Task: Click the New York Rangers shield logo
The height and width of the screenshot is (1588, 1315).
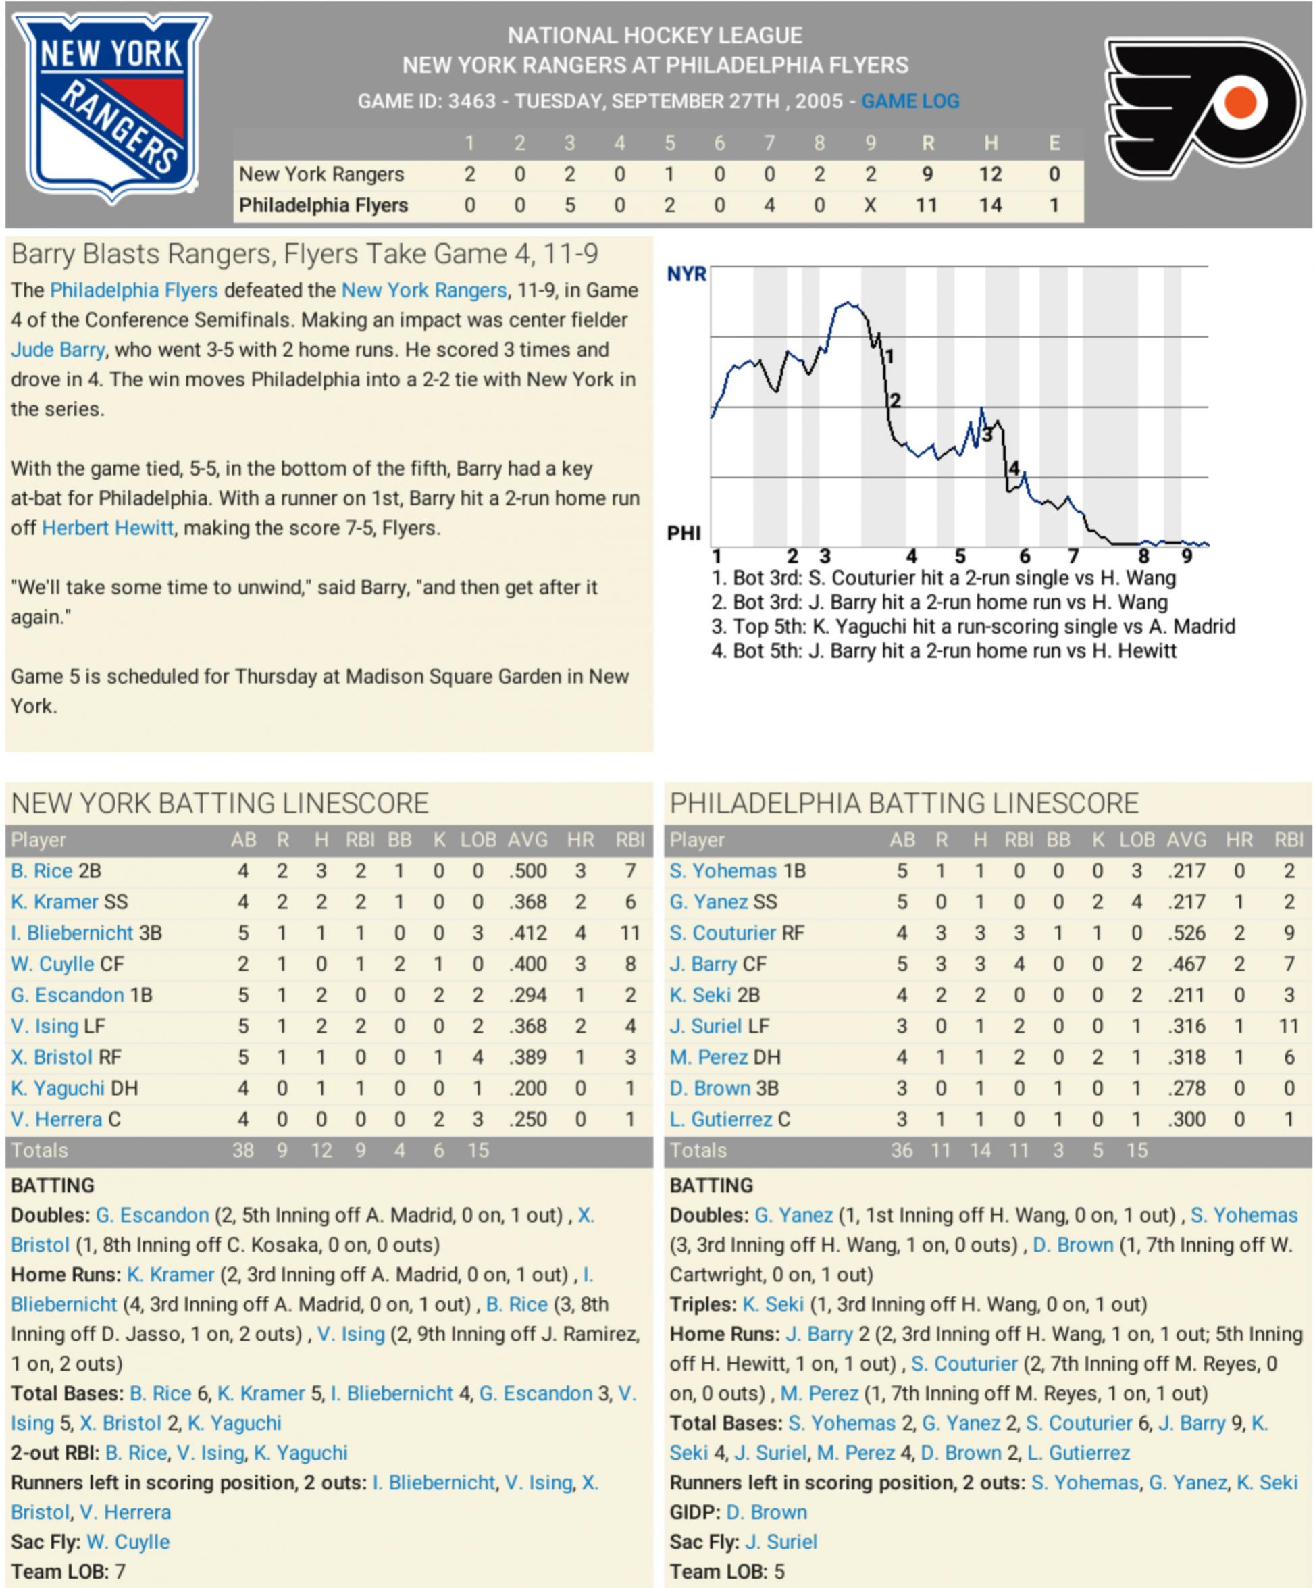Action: tap(112, 108)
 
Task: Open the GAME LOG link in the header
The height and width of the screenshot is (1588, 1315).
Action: tap(910, 101)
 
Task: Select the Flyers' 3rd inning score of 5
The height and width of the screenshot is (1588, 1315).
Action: tap(569, 206)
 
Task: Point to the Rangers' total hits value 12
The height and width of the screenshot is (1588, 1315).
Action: tap(990, 175)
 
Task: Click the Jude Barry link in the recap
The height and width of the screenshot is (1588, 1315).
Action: tap(57, 350)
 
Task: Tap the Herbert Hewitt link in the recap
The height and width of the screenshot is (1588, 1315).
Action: tap(107, 528)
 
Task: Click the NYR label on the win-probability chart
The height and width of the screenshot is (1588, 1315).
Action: tap(686, 274)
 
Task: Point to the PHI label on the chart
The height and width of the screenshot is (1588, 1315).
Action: tap(684, 534)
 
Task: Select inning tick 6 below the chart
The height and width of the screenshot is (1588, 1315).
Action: tap(1025, 557)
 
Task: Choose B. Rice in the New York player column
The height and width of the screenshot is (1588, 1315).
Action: tap(42, 871)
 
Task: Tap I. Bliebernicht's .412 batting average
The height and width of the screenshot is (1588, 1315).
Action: tap(527, 933)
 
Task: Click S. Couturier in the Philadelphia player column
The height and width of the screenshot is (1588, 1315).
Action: tap(722, 933)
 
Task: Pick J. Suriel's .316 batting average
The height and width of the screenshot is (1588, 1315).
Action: tap(1186, 1026)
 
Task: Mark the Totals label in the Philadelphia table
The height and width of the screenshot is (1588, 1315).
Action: tap(697, 1150)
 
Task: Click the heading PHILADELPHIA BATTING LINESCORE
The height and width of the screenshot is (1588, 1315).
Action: tap(904, 803)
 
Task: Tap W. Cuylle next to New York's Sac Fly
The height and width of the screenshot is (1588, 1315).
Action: tap(128, 1542)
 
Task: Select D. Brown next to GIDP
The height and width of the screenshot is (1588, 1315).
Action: tap(766, 1512)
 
